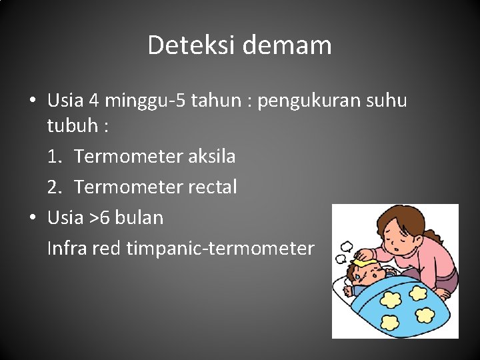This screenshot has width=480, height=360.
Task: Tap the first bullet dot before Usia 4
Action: coord(32,101)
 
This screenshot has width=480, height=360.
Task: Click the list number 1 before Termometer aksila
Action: coord(53,157)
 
